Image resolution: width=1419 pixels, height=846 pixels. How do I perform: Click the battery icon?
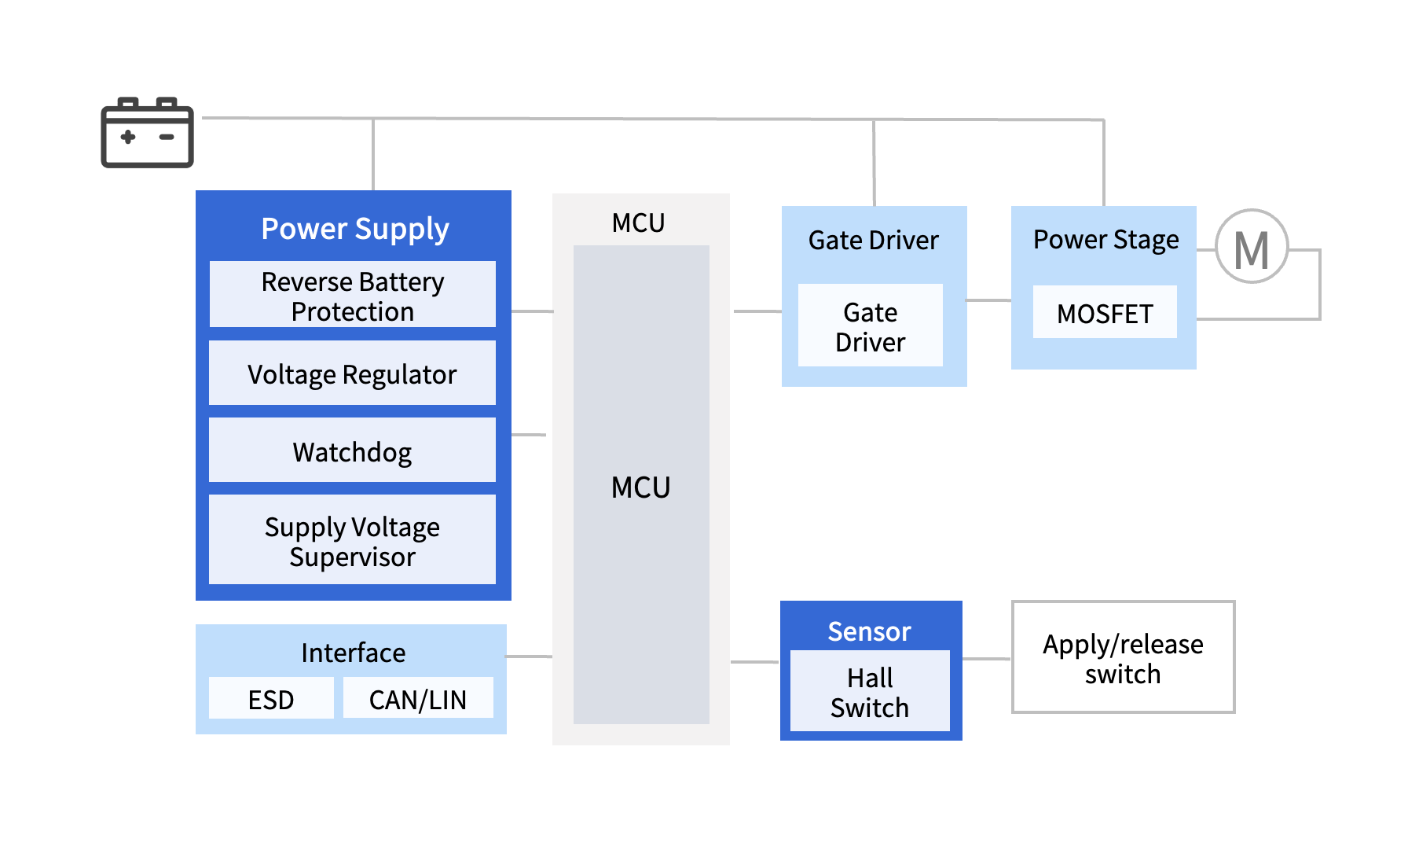pyautogui.click(x=147, y=133)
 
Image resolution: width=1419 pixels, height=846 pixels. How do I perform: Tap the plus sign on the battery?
pyautogui.click(x=128, y=137)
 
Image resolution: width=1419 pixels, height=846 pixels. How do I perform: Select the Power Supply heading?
pyautogui.click(x=354, y=229)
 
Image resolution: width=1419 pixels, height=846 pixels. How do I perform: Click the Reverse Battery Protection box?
pyautogui.click(x=352, y=296)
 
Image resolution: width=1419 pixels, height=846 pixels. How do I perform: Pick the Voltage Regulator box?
pyautogui.click(x=352, y=373)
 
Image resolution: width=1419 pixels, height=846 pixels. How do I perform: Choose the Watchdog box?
pyautogui.click(x=352, y=451)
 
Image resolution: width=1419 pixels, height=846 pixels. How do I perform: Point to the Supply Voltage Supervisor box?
pyautogui.click(x=352, y=541)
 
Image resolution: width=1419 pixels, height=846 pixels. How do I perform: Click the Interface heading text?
pyautogui.click(x=353, y=653)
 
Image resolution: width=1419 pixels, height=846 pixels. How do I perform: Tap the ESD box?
pyautogui.click(x=271, y=699)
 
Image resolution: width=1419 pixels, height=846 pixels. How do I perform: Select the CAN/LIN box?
pyautogui.click(x=417, y=699)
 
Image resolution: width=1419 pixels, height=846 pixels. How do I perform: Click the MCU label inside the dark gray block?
pyautogui.click(x=640, y=487)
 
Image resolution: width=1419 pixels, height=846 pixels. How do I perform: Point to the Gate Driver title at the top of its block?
pyautogui.click(x=873, y=240)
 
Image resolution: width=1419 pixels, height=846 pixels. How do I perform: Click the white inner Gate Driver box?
pyautogui.click(x=870, y=326)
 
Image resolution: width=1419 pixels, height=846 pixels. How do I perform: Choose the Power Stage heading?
pyautogui.click(x=1105, y=239)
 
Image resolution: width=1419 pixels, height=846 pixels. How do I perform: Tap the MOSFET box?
pyautogui.click(x=1104, y=313)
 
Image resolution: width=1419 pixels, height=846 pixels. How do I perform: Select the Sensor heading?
pyautogui.click(x=869, y=631)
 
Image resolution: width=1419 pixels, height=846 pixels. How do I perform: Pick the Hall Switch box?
pyautogui.click(x=870, y=692)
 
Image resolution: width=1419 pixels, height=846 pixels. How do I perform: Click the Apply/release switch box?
pyautogui.click(x=1123, y=658)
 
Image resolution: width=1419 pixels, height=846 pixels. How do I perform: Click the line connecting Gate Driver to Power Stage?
pyautogui.click(x=988, y=300)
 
